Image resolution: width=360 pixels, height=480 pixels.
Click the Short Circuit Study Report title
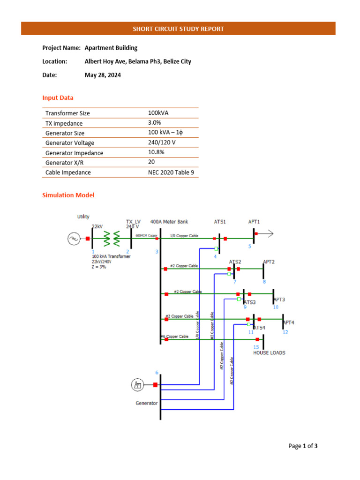178,29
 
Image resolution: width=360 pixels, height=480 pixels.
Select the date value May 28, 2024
103,75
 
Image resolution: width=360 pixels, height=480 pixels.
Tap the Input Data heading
58,97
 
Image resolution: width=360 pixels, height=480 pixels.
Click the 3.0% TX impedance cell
154,123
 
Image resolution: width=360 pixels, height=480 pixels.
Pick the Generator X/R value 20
151,162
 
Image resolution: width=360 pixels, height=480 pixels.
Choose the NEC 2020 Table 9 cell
171,172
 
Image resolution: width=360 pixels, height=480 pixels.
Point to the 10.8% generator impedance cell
156,152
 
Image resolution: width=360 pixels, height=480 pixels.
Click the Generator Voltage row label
69,143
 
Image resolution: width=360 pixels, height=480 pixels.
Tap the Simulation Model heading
68,195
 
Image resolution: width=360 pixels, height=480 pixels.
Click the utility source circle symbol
74,239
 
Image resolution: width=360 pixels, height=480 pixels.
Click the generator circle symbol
137,385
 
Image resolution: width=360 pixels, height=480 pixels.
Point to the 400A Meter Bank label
169,221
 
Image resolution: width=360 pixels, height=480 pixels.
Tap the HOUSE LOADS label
269,352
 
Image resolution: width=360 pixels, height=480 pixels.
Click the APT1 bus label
254,221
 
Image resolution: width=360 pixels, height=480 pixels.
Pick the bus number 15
256,347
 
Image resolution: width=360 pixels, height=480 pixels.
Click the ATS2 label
235,262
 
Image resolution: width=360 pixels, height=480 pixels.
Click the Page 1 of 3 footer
303,446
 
